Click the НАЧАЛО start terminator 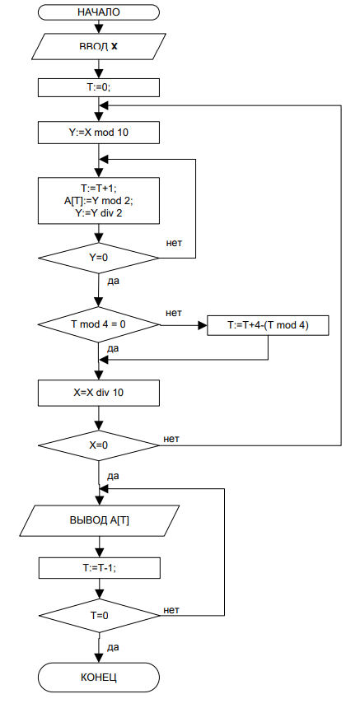click(99, 12)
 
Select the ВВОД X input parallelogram click(99, 46)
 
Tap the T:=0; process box click(99, 87)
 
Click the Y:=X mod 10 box click(99, 133)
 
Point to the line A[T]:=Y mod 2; click(99, 202)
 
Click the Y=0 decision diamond click(99, 259)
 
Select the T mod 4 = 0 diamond click(99, 324)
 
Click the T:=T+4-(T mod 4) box click(268, 325)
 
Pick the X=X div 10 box click(99, 393)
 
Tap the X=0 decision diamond click(99, 445)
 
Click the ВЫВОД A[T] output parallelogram click(99, 520)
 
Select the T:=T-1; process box click(99, 567)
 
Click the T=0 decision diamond click(99, 615)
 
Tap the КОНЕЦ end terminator click(99, 678)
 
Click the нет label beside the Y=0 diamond click(174, 243)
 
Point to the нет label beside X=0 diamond click(171, 439)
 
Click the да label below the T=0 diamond click(113, 648)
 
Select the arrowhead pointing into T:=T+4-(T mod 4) click(203, 325)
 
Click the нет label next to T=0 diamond click(171, 610)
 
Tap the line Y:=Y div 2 click(99, 213)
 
